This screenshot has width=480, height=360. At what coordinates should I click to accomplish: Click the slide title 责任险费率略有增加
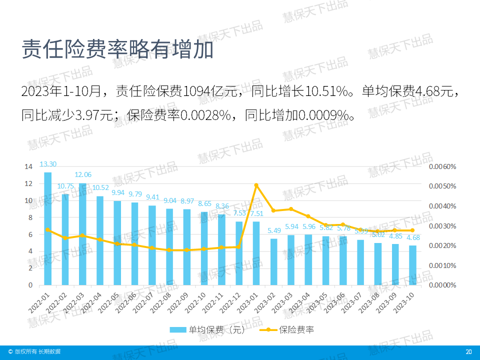pyautogui.click(x=117, y=49)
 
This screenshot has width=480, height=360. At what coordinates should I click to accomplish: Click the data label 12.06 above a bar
pyautogui.click(x=83, y=174)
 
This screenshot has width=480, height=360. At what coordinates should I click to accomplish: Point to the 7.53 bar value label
pyautogui.click(x=239, y=213)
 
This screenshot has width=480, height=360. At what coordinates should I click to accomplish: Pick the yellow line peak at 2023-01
pyautogui.click(x=256, y=185)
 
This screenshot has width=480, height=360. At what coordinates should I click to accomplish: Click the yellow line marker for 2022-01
pyautogui.click(x=48, y=229)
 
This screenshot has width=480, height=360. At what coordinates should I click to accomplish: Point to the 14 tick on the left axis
pyautogui.click(x=29, y=166)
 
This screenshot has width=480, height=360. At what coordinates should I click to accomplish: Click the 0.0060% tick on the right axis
pyautogui.click(x=442, y=166)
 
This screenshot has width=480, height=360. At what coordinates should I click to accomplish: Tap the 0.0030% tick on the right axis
pyautogui.click(x=442, y=226)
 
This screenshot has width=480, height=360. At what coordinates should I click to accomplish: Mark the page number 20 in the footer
pyautogui.click(x=468, y=352)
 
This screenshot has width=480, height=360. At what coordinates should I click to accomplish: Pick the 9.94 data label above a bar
pyautogui.click(x=118, y=192)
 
